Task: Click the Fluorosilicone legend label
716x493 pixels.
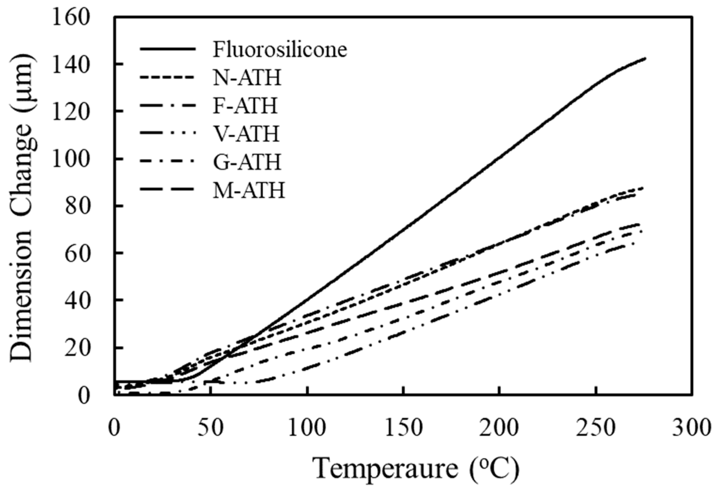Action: click(x=280, y=50)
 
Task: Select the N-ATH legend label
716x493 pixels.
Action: click(x=247, y=78)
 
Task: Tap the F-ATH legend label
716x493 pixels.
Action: click(x=245, y=106)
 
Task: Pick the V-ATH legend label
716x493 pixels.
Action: click(x=247, y=133)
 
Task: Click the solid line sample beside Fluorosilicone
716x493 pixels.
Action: click(x=168, y=49)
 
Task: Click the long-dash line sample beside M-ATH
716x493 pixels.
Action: click(x=168, y=189)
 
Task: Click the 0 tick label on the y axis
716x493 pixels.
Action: click(x=83, y=396)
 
